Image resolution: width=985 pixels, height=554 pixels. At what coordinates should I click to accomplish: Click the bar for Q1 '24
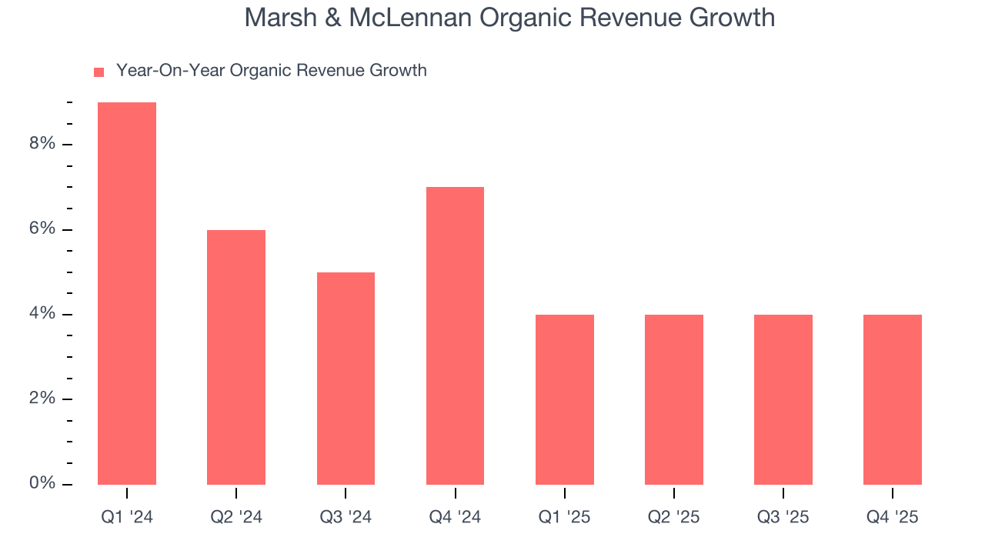127,293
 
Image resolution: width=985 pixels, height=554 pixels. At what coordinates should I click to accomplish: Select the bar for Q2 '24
236,357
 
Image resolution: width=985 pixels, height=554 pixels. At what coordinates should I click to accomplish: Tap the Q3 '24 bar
346,379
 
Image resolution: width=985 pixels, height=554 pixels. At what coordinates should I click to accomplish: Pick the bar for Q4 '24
455,335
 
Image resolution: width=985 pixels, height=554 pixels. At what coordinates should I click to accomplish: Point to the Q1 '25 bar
565,399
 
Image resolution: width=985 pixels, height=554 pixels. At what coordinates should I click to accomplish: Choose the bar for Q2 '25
674,399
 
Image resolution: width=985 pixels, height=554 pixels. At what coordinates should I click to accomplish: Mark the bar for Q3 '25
783,399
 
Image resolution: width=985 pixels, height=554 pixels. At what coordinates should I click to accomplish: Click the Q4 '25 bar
893,399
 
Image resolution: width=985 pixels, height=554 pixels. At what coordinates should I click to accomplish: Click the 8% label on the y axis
43,144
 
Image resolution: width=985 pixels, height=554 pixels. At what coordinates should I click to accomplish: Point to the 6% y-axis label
43,229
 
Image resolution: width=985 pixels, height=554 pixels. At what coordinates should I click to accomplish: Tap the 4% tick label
43,314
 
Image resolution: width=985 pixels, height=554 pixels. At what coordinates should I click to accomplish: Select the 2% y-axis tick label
43,399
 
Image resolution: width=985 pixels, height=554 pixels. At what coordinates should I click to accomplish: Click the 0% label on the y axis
43,483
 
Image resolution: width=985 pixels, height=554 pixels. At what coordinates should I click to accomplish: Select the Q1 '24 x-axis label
127,518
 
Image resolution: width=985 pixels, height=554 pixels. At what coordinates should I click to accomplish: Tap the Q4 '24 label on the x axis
455,518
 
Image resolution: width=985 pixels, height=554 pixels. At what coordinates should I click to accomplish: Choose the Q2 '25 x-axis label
674,518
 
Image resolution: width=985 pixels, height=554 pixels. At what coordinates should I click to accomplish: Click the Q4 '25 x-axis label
893,518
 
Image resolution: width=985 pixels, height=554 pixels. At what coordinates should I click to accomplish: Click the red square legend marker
98,72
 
